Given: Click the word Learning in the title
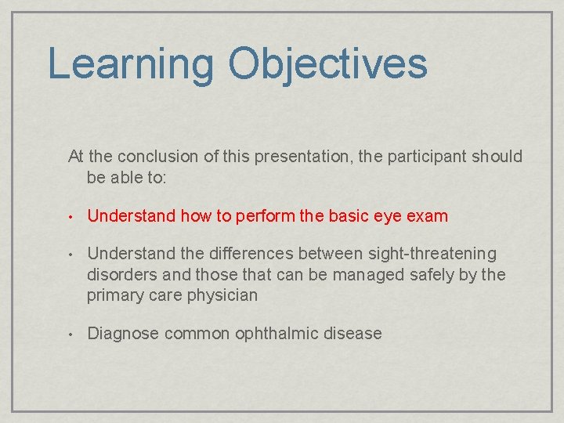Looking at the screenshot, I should tap(130, 65).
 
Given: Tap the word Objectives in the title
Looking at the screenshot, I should tap(327, 65).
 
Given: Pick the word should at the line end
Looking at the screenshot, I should tap(497, 157).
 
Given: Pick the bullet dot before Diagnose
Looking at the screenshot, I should tap(70, 334).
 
